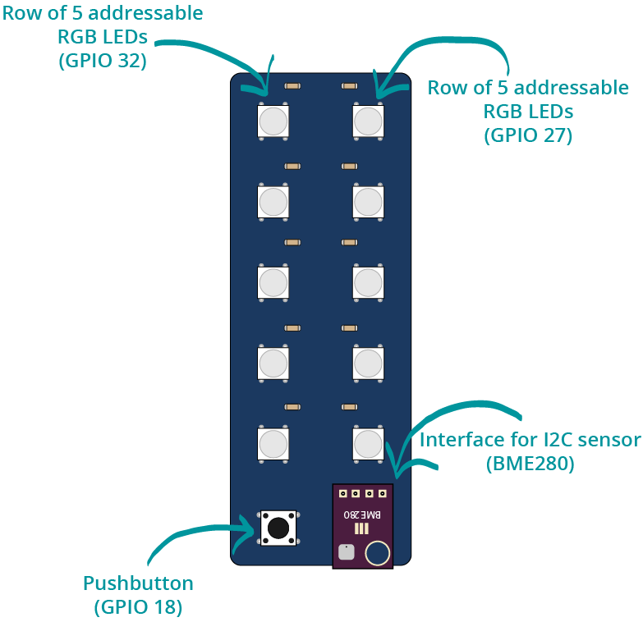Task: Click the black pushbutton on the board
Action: coord(278,528)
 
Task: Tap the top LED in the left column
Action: coord(273,121)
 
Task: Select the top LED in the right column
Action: coord(368,121)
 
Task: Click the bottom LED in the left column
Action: coord(273,444)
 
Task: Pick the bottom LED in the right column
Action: coord(368,444)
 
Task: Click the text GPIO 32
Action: coord(103,61)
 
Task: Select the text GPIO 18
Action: coord(138,607)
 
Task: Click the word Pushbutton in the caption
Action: coord(138,583)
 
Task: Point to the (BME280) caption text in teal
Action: coord(530,464)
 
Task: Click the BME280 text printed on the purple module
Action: coord(362,515)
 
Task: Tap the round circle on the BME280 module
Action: coord(377,553)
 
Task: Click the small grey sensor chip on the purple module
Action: coord(346,552)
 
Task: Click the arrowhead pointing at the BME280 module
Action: coord(397,471)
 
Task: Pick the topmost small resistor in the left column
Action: coord(292,85)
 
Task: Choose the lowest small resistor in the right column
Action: coord(349,407)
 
